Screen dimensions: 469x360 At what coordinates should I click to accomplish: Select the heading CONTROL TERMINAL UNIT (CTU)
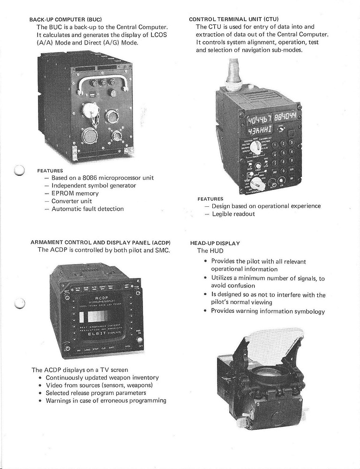(233, 19)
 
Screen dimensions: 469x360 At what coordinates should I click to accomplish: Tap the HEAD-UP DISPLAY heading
(215, 243)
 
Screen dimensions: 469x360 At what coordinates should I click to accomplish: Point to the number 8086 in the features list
(91, 178)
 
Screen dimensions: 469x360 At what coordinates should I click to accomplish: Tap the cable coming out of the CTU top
(232, 75)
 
